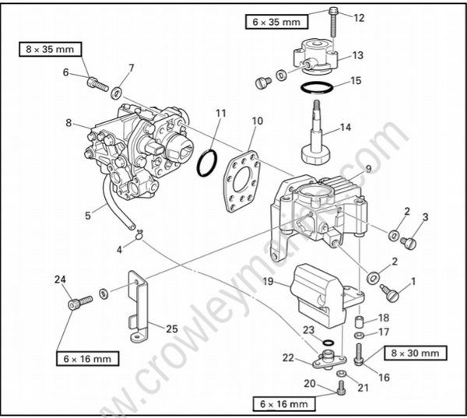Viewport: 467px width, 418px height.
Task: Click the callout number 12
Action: coord(358,17)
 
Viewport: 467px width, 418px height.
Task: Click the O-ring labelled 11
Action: coord(206,163)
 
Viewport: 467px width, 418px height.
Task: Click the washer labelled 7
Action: coord(117,93)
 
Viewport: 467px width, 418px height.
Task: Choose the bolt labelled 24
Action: coord(75,303)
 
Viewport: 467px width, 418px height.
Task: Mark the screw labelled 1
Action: coord(392,293)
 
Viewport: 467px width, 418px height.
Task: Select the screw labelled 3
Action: coord(409,243)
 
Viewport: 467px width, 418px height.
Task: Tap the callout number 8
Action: coord(68,122)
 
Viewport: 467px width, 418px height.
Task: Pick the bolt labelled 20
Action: coord(341,388)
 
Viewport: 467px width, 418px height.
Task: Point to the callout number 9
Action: coord(368,168)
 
